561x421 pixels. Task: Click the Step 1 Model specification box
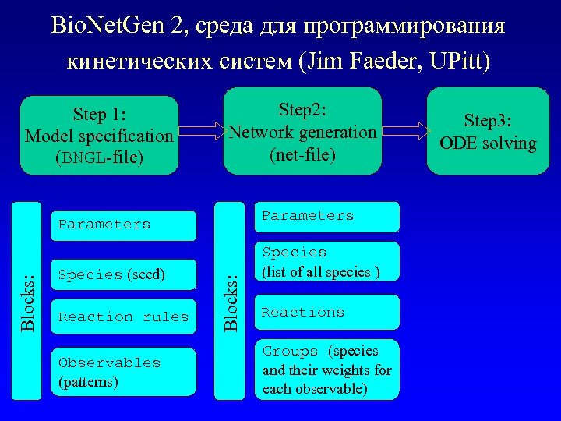(x=99, y=135)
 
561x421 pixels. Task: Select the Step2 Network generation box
(x=302, y=131)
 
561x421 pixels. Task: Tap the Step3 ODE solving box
(x=488, y=131)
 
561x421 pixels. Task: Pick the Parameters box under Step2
(x=327, y=217)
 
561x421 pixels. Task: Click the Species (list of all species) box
(x=327, y=262)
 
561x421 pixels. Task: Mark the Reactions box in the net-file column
(x=327, y=313)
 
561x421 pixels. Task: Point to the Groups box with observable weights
(x=327, y=370)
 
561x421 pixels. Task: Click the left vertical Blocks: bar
(x=28, y=301)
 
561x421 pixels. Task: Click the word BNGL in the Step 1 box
(x=82, y=158)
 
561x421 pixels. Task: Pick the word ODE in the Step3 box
(x=457, y=143)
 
